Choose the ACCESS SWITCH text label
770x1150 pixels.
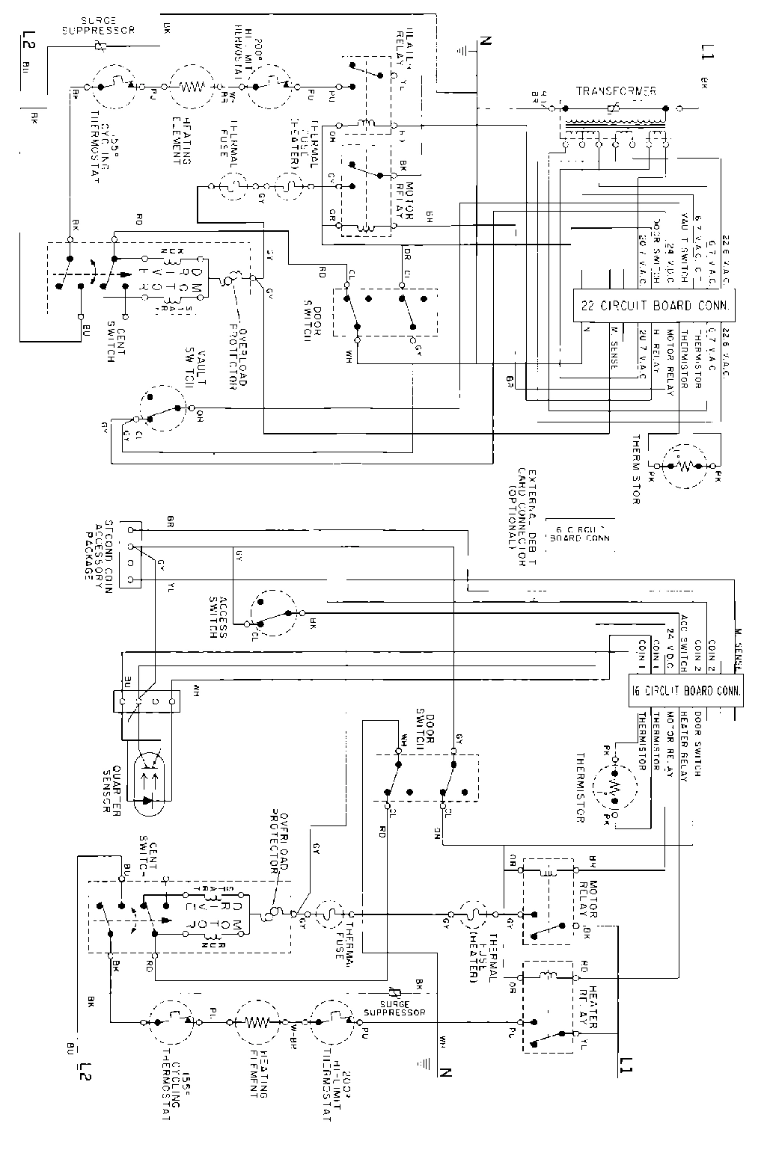coord(218,617)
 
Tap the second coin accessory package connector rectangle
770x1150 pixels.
coord(131,554)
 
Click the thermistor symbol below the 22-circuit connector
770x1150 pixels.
coord(682,465)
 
